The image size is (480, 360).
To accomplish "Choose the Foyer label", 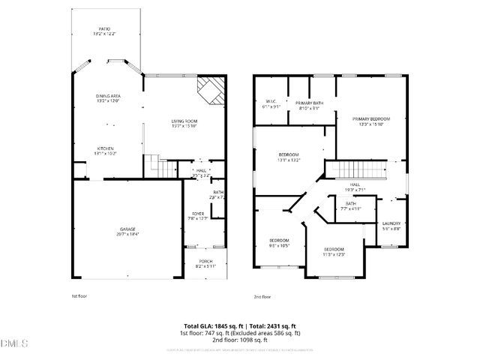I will pyautogui.click(x=198, y=216).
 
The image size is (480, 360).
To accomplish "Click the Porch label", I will pyautogui.click(x=205, y=263).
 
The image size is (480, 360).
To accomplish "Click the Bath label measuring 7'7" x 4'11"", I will pyautogui.click(x=351, y=205).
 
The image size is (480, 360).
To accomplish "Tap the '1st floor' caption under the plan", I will pyautogui.click(x=79, y=296).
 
